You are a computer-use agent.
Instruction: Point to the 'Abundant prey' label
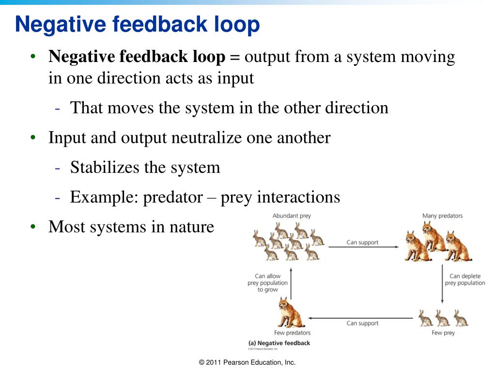[292, 216]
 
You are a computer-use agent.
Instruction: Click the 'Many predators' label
[442, 216]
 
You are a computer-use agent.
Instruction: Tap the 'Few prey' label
[443, 333]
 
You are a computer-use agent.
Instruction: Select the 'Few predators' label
[292, 333]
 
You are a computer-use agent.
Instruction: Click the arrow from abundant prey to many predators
[363, 247]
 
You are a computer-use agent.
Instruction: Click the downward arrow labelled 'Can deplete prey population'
[443, 286]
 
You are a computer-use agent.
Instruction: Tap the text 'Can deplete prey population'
[465, 279]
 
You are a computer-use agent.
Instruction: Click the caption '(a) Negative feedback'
[279, 343]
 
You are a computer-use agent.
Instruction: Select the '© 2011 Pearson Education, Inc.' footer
[248, 362]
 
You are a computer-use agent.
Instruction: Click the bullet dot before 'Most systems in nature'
[33, 227]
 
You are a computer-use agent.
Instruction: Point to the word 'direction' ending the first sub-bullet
[356, 108]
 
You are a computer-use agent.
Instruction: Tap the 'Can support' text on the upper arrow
[362, 242]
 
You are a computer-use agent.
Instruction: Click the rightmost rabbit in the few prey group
[460, 318]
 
